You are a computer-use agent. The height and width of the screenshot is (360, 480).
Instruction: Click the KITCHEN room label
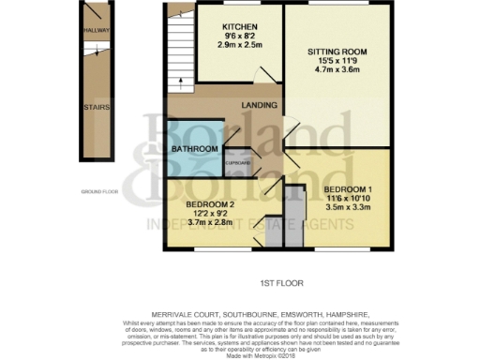[232, 26]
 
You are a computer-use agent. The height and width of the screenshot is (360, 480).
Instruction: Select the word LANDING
[257, 105]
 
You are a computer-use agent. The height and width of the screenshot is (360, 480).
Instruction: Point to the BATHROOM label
[194, 148]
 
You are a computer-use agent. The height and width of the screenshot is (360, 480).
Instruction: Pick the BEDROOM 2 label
[209, 204]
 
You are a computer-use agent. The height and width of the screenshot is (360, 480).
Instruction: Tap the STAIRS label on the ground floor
[96, 108]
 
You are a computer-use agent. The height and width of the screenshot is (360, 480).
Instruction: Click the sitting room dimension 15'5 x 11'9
[337, 61]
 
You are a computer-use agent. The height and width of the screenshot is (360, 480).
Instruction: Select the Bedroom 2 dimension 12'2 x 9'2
[209, 214]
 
